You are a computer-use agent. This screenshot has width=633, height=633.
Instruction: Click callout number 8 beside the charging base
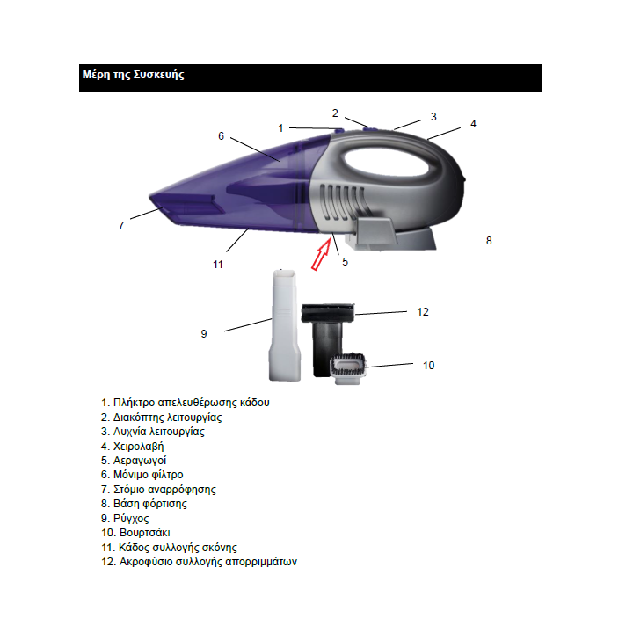(x=489, y=241)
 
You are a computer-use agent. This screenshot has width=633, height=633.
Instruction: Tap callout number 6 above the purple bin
(x=221, y=136)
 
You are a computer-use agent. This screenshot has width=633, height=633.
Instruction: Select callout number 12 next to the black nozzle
(x=423, y=311)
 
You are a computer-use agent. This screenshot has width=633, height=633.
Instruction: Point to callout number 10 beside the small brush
(x=428, y=366)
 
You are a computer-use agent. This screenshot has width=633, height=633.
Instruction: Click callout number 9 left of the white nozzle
(x=204, y=334)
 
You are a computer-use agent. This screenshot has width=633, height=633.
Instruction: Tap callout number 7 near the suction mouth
(x=121, y=226)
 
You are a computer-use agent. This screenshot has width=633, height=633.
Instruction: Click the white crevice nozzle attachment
(x=285, y=325)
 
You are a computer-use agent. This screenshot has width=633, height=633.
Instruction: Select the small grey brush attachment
(x=348, y=368)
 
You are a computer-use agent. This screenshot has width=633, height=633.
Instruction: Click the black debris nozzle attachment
(x=327, y=335)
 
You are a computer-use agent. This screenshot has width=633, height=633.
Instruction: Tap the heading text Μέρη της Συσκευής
(x=134, y=75)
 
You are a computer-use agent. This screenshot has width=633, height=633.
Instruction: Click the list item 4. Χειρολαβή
(x=133, y=446)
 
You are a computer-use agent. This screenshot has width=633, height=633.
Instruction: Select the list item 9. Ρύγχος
(x=125, y=519)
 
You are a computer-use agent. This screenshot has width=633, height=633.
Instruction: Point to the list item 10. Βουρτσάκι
(x=135, y=533)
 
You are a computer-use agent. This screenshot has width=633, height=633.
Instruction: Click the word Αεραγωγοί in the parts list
(x=140, y=461)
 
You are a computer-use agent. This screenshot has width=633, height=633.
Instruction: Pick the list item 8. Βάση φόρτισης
(x=144, y=504)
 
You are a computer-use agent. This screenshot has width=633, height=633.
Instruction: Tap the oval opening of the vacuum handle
(x=386, y=163)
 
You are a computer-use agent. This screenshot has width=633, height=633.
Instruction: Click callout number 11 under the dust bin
(x=218, y=265)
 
